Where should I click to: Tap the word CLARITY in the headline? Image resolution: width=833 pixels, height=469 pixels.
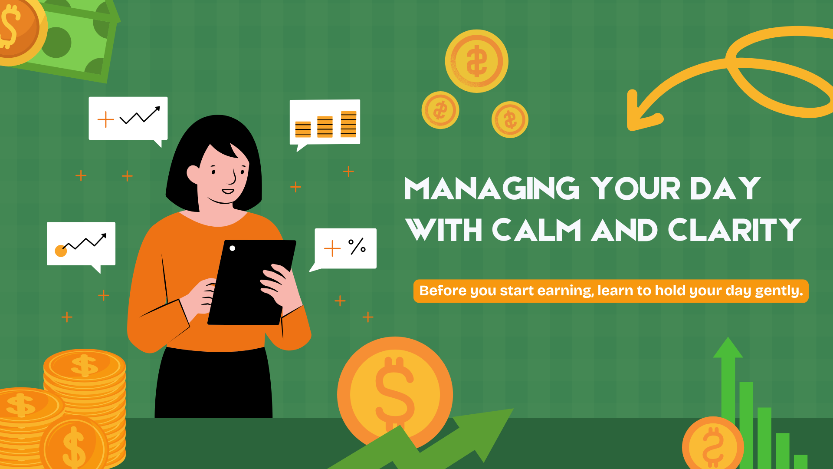(734, 230)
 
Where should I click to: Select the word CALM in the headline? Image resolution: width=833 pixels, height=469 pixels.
(536, 230)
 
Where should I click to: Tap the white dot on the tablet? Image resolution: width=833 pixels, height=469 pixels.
(233, 248)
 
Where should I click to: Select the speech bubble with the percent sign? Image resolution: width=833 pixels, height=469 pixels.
(346, 248)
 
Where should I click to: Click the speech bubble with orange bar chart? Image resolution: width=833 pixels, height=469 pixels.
(325, 122)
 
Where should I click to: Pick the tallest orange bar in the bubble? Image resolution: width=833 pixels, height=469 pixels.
(348, 124)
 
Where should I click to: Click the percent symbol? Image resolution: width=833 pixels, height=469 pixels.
(357, 246)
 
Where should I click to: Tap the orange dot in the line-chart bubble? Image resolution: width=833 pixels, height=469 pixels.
(61, 251)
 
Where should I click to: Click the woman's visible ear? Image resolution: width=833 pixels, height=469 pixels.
(193, 174)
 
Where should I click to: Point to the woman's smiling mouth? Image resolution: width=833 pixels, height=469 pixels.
(228, 191)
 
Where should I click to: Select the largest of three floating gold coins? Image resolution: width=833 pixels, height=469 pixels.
(476, 61)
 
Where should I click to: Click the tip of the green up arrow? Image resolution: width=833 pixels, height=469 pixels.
(728, 343)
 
